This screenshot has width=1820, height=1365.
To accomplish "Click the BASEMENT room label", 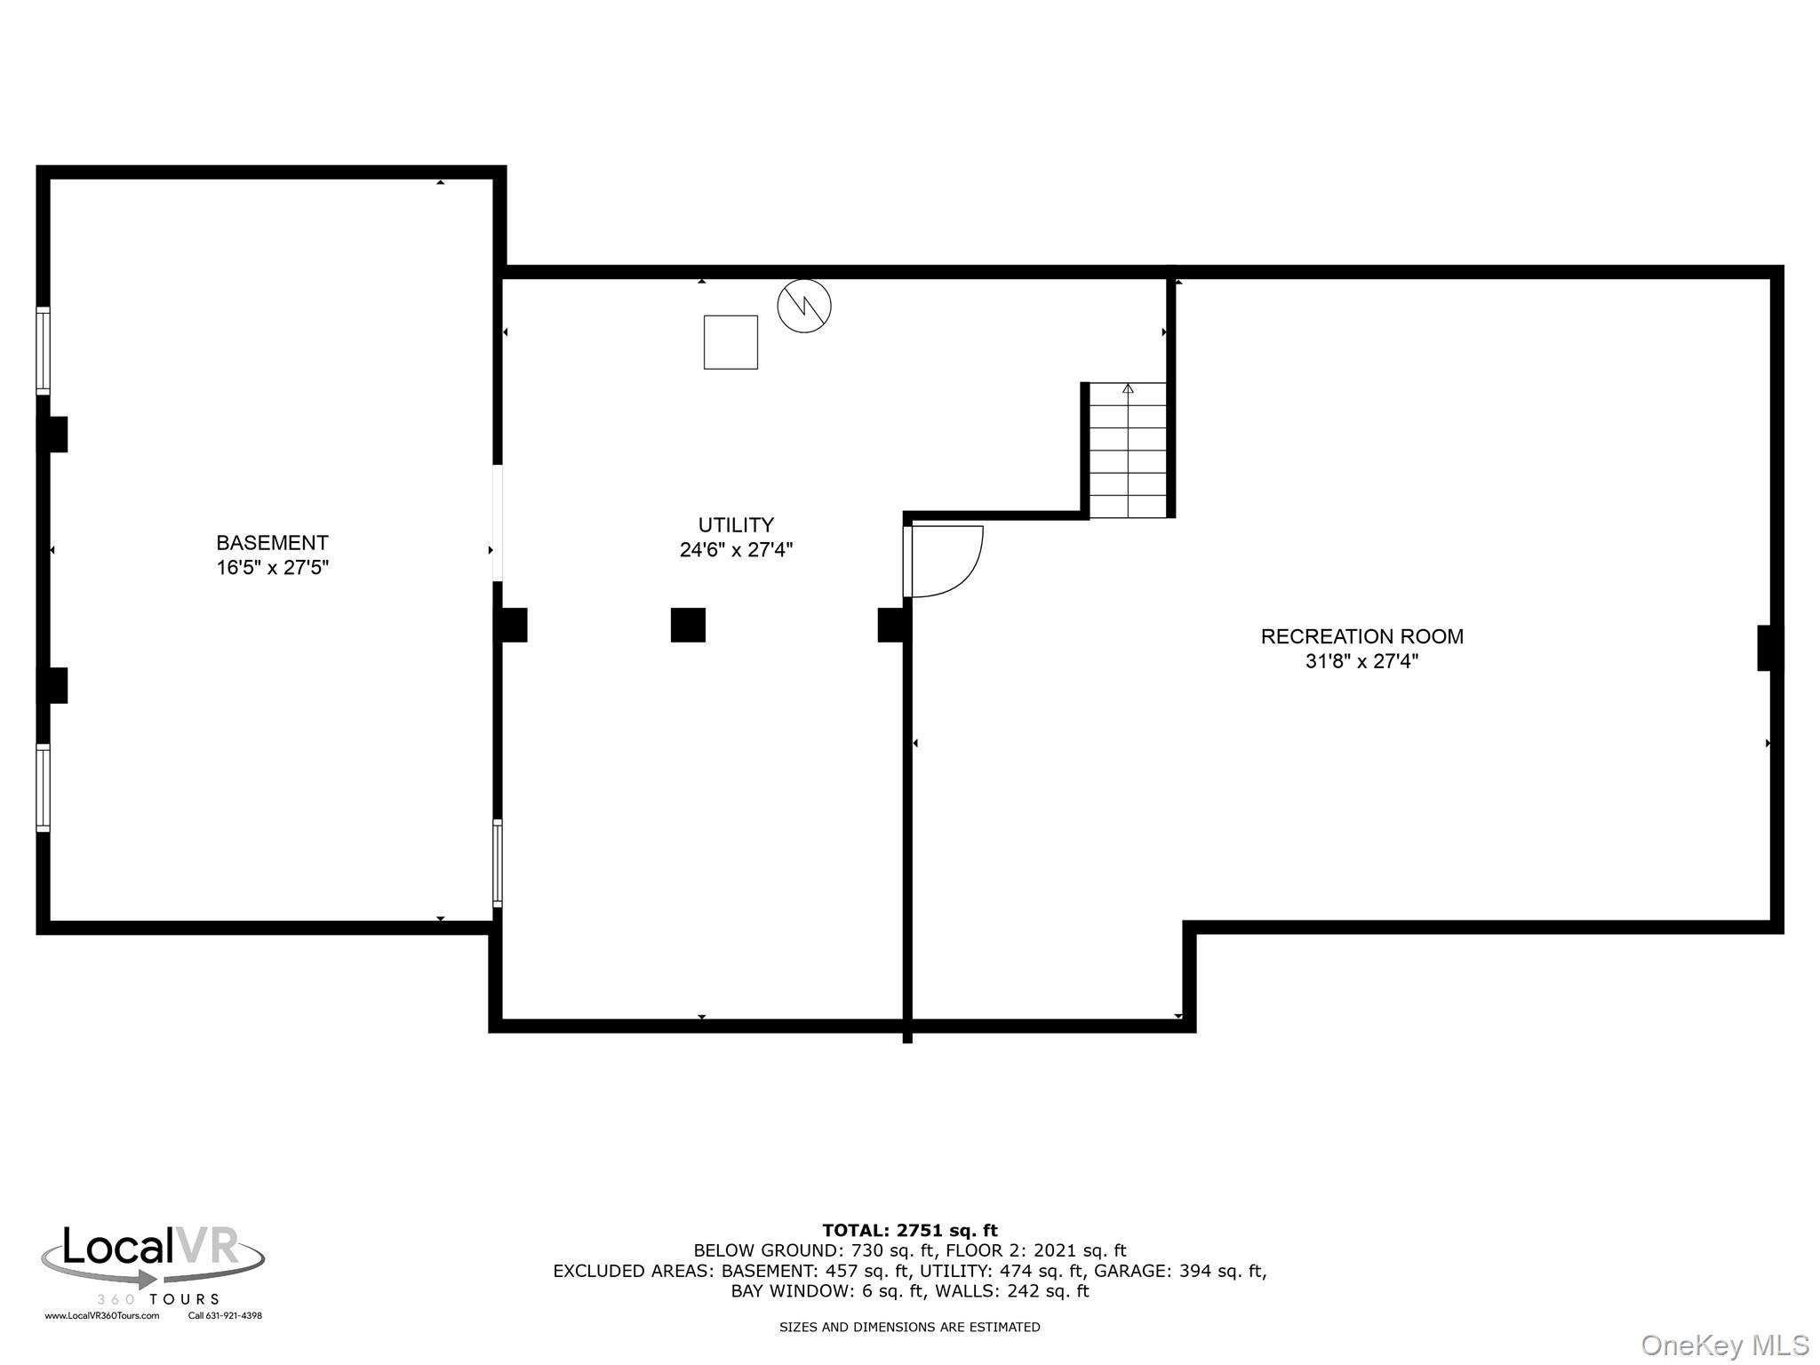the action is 272,542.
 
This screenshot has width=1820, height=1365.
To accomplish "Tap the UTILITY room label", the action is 736,524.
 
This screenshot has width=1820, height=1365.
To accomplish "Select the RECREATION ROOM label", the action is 1361,636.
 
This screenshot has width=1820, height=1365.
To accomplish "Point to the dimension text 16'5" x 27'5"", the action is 273,567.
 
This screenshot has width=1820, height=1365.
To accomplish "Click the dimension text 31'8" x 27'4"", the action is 1361,661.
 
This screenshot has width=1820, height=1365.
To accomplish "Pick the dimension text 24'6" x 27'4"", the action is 736,549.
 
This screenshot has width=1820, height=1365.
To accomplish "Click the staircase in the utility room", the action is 1128,450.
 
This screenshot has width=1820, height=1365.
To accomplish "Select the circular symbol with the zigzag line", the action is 803,306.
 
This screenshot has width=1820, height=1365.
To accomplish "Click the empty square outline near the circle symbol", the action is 730,342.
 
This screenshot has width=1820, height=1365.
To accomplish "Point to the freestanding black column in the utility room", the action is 688,625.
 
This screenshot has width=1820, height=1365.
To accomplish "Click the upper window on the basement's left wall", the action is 43,350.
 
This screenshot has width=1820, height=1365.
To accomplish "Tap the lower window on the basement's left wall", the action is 43,787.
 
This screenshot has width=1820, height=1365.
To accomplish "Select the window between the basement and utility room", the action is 498,863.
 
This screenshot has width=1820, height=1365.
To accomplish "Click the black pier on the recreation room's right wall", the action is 1769,648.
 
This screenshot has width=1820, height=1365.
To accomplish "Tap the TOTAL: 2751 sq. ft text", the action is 910,1231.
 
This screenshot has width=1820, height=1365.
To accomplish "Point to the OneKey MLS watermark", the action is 1725,1345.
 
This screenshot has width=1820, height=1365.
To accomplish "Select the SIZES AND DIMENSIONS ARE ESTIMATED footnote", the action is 910,1327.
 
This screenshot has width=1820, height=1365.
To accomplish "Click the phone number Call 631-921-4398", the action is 225,1316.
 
